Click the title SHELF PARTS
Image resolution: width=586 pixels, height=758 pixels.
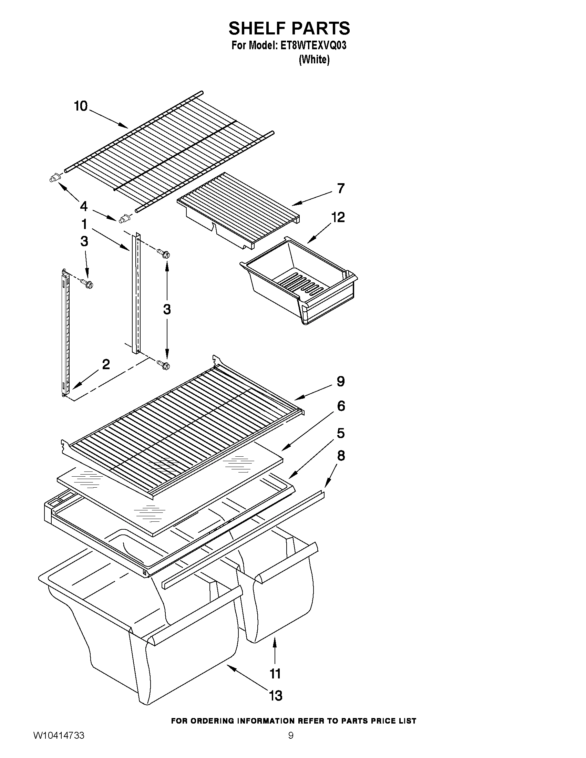289,29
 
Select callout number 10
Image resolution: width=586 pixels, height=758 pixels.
81,106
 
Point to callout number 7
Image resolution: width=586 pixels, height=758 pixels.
341,188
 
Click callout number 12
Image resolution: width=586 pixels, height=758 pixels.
338,217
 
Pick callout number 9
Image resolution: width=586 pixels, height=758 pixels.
341,382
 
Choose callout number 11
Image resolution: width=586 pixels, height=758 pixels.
275,674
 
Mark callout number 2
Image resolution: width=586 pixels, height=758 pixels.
106,364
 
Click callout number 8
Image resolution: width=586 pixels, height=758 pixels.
341,455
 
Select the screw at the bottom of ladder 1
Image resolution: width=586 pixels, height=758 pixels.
164,365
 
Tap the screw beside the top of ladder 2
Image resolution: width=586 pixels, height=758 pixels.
86,284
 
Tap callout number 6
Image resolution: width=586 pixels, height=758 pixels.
341,406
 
